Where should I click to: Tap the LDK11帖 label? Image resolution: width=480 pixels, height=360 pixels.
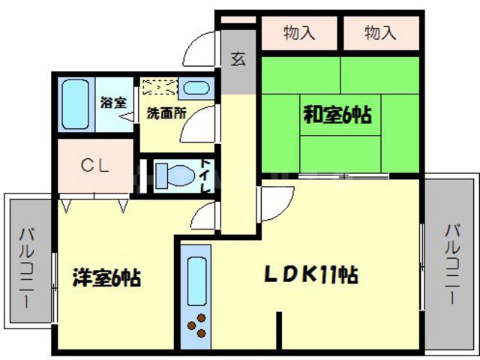tap(309, 275)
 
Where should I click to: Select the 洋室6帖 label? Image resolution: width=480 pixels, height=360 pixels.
tap(107, 277)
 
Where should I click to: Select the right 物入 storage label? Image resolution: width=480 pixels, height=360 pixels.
tap(380, 32)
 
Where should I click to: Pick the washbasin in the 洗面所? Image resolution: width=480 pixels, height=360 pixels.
tap(197, 87)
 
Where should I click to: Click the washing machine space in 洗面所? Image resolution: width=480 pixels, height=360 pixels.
tap(160, 87)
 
